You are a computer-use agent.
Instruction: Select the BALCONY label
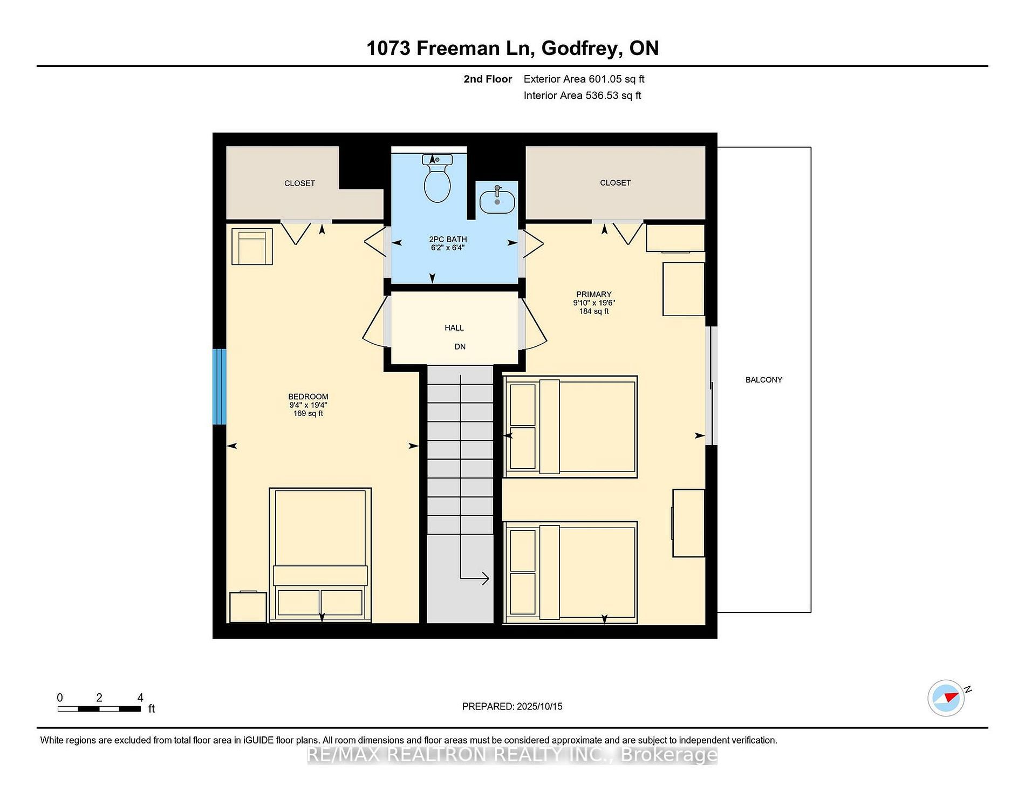(x=763, y=380)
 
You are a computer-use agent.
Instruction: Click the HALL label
(x=454, y=327)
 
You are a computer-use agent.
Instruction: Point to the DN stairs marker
(x=460, y=346)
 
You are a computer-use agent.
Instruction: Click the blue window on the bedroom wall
(x=219, y=386)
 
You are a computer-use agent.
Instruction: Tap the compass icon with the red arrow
(x=946, y=698)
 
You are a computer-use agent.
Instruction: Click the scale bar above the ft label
(x=99, y=708)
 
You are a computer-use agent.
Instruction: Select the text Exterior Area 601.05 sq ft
(x=584, y=79)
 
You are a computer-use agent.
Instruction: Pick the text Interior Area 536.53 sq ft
(x=582, y=95)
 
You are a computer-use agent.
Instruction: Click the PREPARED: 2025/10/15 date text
(x=512, y=706)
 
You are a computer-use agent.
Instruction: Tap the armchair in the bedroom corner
(x=252, y=247)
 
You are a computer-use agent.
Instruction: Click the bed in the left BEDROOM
(x=320, y=555)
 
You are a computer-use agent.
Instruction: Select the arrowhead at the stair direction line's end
(x=485, y=579)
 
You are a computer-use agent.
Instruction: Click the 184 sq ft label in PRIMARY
(x=594, y=311)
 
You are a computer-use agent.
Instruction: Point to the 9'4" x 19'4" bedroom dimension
(x=308, y=405)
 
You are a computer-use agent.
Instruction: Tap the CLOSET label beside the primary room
(x=616, y=183)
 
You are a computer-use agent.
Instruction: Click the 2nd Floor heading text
(x=488, y=79)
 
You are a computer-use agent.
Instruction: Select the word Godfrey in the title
(x=580, y=49)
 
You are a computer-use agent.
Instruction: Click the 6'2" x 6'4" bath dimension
(x=448, y=248)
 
